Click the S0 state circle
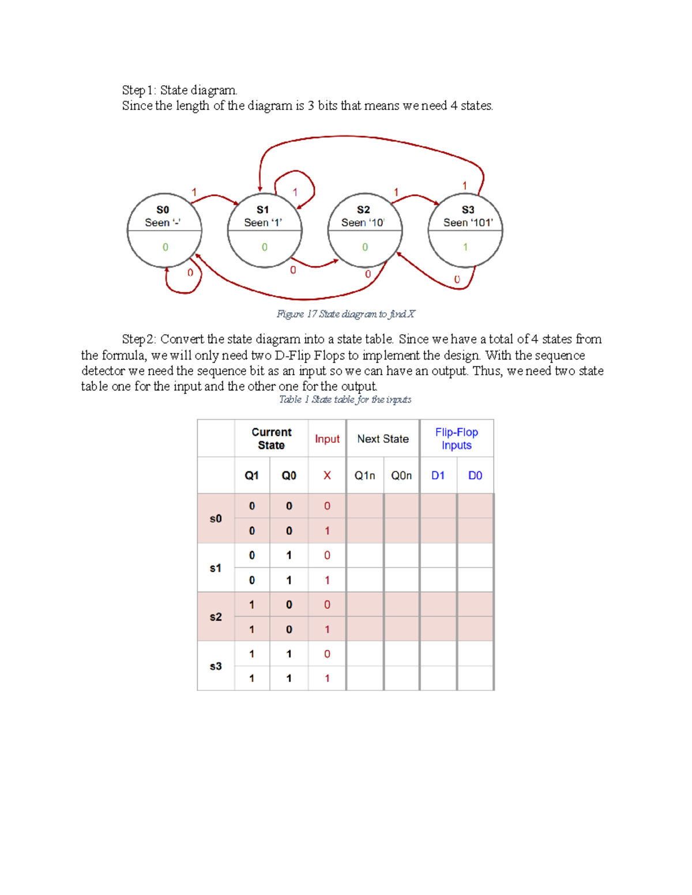(164, 231)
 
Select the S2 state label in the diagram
(363, 210)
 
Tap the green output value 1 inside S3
(465, 247)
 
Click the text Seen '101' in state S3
(468, 222)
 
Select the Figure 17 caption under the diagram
(345, 314)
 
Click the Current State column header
(271, 439)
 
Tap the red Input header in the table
(327, 439)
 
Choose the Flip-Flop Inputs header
(456, 439)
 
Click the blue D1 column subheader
(438, 475)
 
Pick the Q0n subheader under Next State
(401, 475)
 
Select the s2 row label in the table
(216, 617)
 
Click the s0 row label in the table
(216, 519)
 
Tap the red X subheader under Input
(327, 475)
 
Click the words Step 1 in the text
(138, 90)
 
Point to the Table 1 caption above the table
(345, 399)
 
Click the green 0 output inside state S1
(265, 247)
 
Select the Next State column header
(383, 439)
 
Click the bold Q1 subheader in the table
(251, 475)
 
